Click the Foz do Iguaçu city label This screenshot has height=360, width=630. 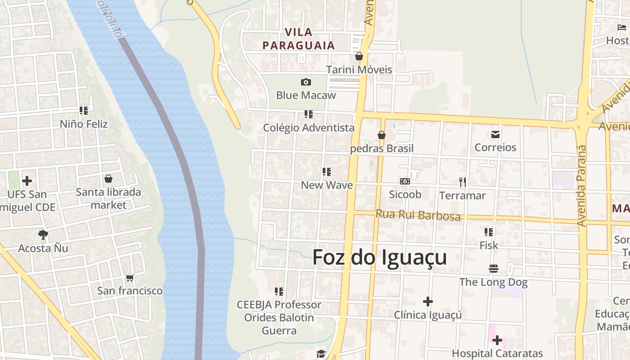[x=379, y=257]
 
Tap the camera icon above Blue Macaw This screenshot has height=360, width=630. [x=306, y=82]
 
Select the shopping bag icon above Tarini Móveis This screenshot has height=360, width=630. [x=359, y=56]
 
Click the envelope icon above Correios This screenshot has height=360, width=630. [x=495, y=134]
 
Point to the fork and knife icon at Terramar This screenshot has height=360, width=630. [x=463, y=182]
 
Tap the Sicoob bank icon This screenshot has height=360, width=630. [x=405, y=181]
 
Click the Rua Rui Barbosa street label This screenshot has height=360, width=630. [x=418, y=215]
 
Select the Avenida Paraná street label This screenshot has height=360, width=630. [x=582, y=185]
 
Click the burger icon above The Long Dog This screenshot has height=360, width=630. [x=494, y=269]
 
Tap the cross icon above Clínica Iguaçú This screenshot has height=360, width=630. [x=428, y=301]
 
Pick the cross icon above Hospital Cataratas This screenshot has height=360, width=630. [x=497, y=340]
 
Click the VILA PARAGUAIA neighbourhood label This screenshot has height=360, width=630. [x=299, y=39]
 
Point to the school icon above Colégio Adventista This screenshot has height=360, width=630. [x=309, y=114]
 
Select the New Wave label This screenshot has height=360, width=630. [x=327, y=185]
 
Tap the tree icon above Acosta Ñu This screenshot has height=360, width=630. [x=43, y=234]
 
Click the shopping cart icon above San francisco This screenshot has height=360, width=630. [x=130, y=278]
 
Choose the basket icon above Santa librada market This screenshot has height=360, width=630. [x=108, y=179]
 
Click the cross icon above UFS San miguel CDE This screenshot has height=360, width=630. [x=27, y=181]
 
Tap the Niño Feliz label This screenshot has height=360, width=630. [x=84, y=124]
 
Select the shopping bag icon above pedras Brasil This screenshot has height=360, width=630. [x=382, y=135]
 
